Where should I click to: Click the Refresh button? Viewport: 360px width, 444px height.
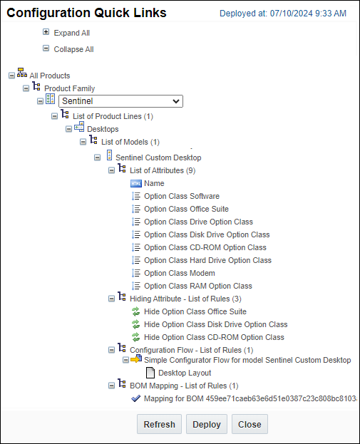[x=159, y=424]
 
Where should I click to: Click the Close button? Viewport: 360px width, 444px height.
[x=250, y=424]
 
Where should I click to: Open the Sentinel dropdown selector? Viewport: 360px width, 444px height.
[x=120, y=101]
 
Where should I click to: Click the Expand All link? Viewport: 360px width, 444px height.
[x=71, y=33]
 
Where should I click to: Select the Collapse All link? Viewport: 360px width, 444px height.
[x=73, y=49]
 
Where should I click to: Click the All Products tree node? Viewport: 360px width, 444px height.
[x=49, y=76]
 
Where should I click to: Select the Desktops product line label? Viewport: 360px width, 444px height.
[x=103, y=129]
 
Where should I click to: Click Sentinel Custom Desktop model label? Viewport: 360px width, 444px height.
[x=158, y=158]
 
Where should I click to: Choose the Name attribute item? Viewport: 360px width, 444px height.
[x=154, y=183]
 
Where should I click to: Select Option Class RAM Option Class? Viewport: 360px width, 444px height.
[x=197, y=286]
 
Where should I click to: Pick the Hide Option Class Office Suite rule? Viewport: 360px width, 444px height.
[x=195, y=311]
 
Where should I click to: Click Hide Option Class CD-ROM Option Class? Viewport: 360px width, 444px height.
[x=214, y=337]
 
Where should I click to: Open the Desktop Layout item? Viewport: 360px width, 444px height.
[x=184, y=373]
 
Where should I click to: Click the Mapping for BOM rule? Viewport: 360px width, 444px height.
[x=250, y=399]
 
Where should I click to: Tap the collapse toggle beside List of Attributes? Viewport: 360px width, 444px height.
[x=111, y=170]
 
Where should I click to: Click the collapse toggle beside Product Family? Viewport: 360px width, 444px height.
[x=26, y=88]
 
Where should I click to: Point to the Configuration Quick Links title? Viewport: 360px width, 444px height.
[x=86, y=13]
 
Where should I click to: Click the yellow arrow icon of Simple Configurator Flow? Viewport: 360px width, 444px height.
[x=136, y=360]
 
